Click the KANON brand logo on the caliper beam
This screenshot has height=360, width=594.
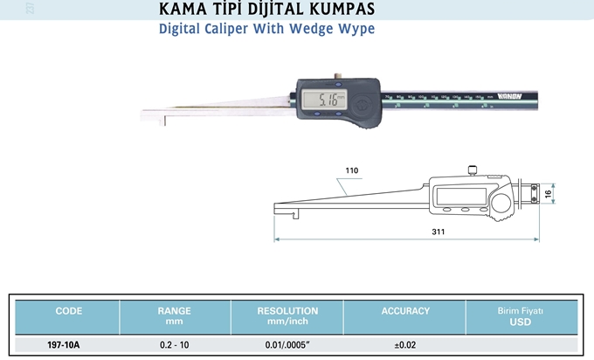[506, 96]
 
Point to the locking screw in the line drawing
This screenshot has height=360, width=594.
[472, 170]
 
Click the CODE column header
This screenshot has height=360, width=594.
[68, 311]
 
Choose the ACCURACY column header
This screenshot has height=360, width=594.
[405, 311]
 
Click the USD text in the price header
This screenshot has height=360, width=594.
[520, 322]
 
